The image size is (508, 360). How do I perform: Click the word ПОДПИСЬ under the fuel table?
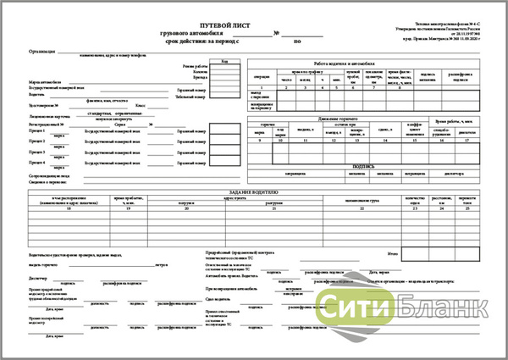[x=364, y=166]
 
